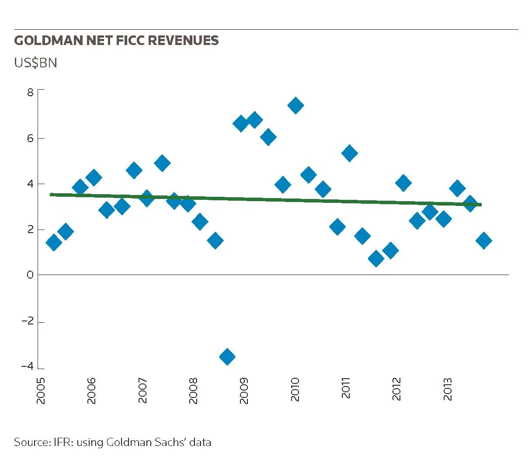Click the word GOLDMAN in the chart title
pyautogui.click(x=49, y=41)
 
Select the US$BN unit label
pyautogui.click(x=35, y=63)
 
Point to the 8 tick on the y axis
pyautogui.click(x=30, y=92)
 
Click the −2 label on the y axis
pyautogui.click(x=28, y=321)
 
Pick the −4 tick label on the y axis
pyautogui.click(x=28, y=366)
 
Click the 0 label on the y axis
pyautogui.click(x=30, y=275)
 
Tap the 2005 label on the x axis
pyautogui.click(x=41, y=390)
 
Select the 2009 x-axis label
pyautogui.click(x=243, y=390)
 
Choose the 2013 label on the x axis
pyautogui.click(x=447, y=389)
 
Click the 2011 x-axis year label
pyautogui.click(x=346, y=388)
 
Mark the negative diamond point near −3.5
pyautogui.click(x=227, y=356)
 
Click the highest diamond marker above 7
pyautogui.click(x=295, y=106)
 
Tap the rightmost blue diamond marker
pyautogui.click(x=484, y=240)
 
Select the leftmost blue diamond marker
pyautogui.click(x=54, y=243)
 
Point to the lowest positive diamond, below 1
pyautogui.click(x=376, y=258)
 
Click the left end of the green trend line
pyautogui.click(x=50, y=195)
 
